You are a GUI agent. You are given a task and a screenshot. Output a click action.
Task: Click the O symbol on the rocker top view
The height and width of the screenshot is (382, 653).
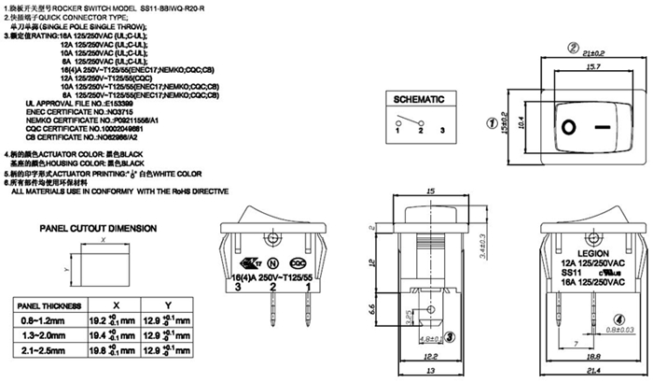coord(568,123)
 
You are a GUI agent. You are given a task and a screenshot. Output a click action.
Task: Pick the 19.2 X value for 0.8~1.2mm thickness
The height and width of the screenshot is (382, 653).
coord(98,319)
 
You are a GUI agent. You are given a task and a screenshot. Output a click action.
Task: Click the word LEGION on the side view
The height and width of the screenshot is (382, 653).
coord(593,253)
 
